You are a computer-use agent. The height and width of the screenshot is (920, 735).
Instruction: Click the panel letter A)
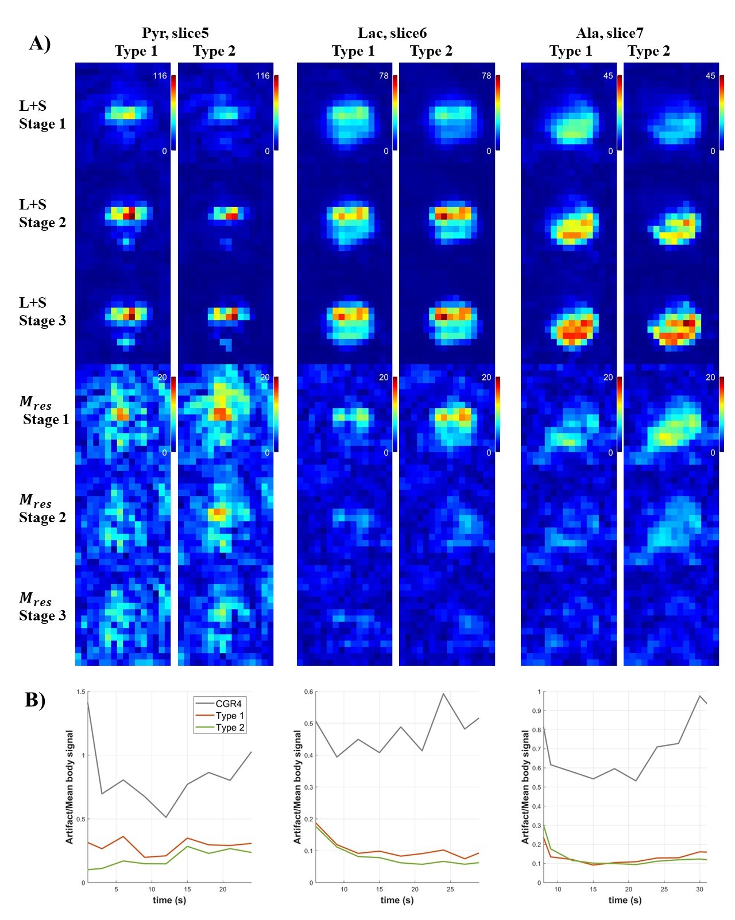tap(40, 43)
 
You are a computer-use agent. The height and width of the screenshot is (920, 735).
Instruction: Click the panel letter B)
tap(35, 700)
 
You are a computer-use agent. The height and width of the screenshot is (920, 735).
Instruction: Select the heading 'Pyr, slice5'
tap(175, 33)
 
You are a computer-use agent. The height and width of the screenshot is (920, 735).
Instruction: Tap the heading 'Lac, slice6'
tap(392, 33)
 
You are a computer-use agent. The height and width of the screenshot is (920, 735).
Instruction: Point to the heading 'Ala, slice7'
tap(610, 33)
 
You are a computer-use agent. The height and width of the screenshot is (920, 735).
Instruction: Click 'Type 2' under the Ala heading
tap(648, 51)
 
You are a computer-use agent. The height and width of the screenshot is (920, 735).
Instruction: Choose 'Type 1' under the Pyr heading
tap(136, 51)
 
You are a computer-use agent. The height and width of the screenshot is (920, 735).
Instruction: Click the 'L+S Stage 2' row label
tap(42, 213)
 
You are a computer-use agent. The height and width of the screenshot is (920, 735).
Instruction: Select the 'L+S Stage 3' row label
tap(42, 312)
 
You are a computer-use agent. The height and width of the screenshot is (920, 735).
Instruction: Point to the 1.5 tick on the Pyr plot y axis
tap(81, 692)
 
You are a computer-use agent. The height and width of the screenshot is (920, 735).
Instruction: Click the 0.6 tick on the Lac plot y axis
tap(308, 692)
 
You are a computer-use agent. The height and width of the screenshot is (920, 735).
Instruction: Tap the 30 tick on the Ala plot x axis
tap(699, 889)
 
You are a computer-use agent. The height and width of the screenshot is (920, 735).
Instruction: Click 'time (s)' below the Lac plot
tap(397, 900)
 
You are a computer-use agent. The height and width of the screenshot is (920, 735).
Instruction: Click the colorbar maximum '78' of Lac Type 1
tap(384, 76)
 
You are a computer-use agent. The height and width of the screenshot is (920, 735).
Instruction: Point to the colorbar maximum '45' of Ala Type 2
tap(710, 76)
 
